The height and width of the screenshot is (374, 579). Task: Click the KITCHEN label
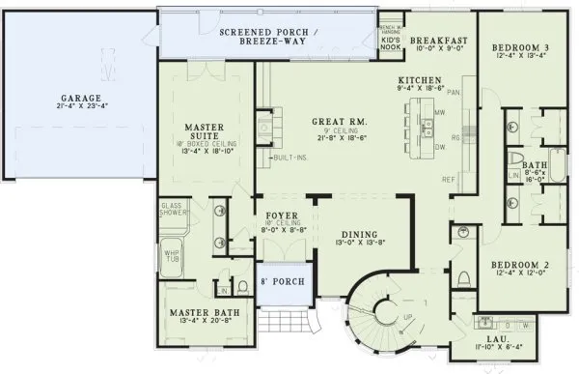pyautogui.click(x=421, y=79)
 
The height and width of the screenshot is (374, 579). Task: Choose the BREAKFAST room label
pyautogui.click(x=438, y=41)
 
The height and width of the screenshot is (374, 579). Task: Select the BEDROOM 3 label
pyautogui.click(x=519, y=47)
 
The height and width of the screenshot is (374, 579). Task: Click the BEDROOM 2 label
pyautogui.click(x=519, y=263)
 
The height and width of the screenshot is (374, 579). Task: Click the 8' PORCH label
pyautogui.click(x=282, y=281)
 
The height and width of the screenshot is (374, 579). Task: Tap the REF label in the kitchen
pyautogui.click(x=448, y=180)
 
